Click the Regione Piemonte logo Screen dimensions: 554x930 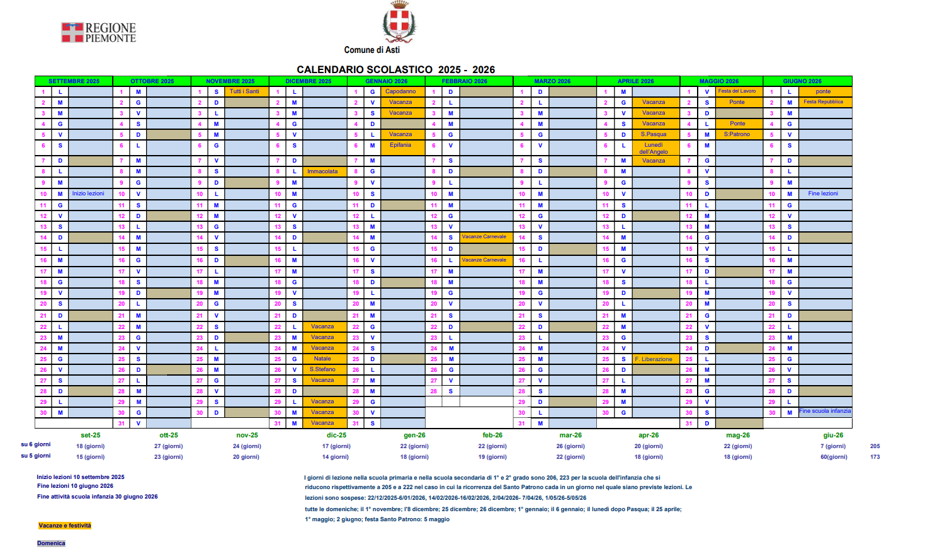tap(98, 33)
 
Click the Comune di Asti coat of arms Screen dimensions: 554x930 tap(399, 22)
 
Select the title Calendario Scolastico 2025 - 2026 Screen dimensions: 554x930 tap(395, 69)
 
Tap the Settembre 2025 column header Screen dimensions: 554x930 tap(74, 81)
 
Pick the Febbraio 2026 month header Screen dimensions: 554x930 tap(464, 81)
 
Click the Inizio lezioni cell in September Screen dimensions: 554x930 tap(88, 193)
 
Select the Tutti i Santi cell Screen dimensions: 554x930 tap(244, 91)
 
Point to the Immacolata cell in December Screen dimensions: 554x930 tap(322, 171)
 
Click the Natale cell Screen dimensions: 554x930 tap(322, 359)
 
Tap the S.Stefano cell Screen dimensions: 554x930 tap(322, 369)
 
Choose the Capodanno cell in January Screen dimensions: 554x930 tap(400, 91)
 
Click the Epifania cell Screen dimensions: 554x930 tap(400, 145)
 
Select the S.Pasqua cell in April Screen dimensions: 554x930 tap(654, 134)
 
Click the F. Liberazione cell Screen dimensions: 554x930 tap(654, 359)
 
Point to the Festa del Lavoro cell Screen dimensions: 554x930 tap(737, 91)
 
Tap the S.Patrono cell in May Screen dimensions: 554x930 tap(737, 134)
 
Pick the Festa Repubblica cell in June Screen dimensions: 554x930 tap(823, 102)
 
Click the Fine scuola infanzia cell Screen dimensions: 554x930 tap(825, 411)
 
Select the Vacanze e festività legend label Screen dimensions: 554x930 tap(65, 526)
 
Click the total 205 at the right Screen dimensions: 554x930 tap(875, 446)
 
